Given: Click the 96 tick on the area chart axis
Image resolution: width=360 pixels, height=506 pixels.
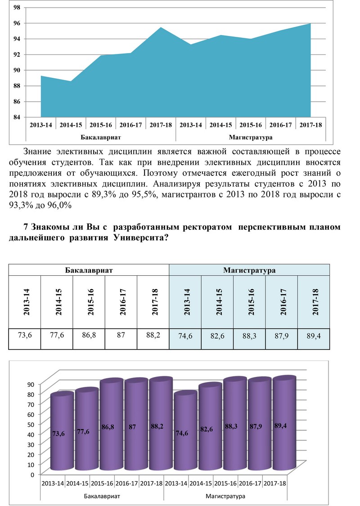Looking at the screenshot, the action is [17, 23].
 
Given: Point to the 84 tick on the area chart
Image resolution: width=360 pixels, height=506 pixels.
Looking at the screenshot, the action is [17, 117].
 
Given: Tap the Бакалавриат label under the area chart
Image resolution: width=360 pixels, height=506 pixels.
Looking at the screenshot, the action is [101, 137].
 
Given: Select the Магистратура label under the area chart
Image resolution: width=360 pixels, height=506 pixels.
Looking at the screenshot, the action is [251, 137].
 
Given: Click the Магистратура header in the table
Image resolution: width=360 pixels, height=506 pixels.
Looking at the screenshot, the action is [249, 270].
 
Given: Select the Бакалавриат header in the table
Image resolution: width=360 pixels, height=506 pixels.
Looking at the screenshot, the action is [89, 270].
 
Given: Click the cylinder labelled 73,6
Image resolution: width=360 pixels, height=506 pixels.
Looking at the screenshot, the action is [62, 432].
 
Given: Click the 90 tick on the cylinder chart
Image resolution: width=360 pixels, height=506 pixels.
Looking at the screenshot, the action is [31, 384].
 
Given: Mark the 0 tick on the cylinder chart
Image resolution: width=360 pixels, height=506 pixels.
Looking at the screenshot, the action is [32, 475].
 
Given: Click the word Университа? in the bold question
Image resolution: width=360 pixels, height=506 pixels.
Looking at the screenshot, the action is [141, 238].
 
